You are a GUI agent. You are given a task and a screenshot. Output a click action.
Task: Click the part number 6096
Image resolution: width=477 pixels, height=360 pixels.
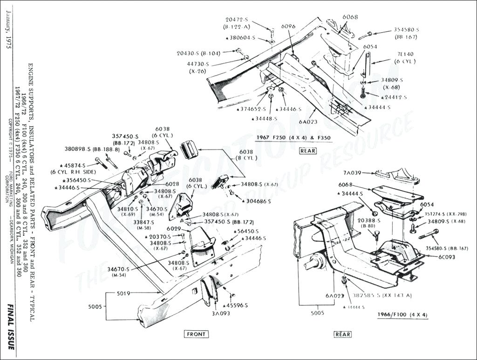click(288, 27)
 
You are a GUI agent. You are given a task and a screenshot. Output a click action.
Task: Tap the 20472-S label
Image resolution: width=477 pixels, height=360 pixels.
click(237, 20)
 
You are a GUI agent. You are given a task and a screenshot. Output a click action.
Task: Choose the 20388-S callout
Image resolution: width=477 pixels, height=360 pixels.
click(369, 220)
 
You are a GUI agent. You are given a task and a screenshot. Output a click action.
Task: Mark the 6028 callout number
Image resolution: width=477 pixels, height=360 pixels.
click(172, 184)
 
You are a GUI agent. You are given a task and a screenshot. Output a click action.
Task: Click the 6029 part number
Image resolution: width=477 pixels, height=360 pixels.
click(173, 229)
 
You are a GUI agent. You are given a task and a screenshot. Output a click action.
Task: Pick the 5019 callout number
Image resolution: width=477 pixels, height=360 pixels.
click(124, 293)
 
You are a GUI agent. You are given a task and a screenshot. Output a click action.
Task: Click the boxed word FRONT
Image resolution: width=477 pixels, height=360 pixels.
click(196, 334)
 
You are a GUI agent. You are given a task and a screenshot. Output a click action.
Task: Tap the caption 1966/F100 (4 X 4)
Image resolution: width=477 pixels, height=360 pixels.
click(402, 315)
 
